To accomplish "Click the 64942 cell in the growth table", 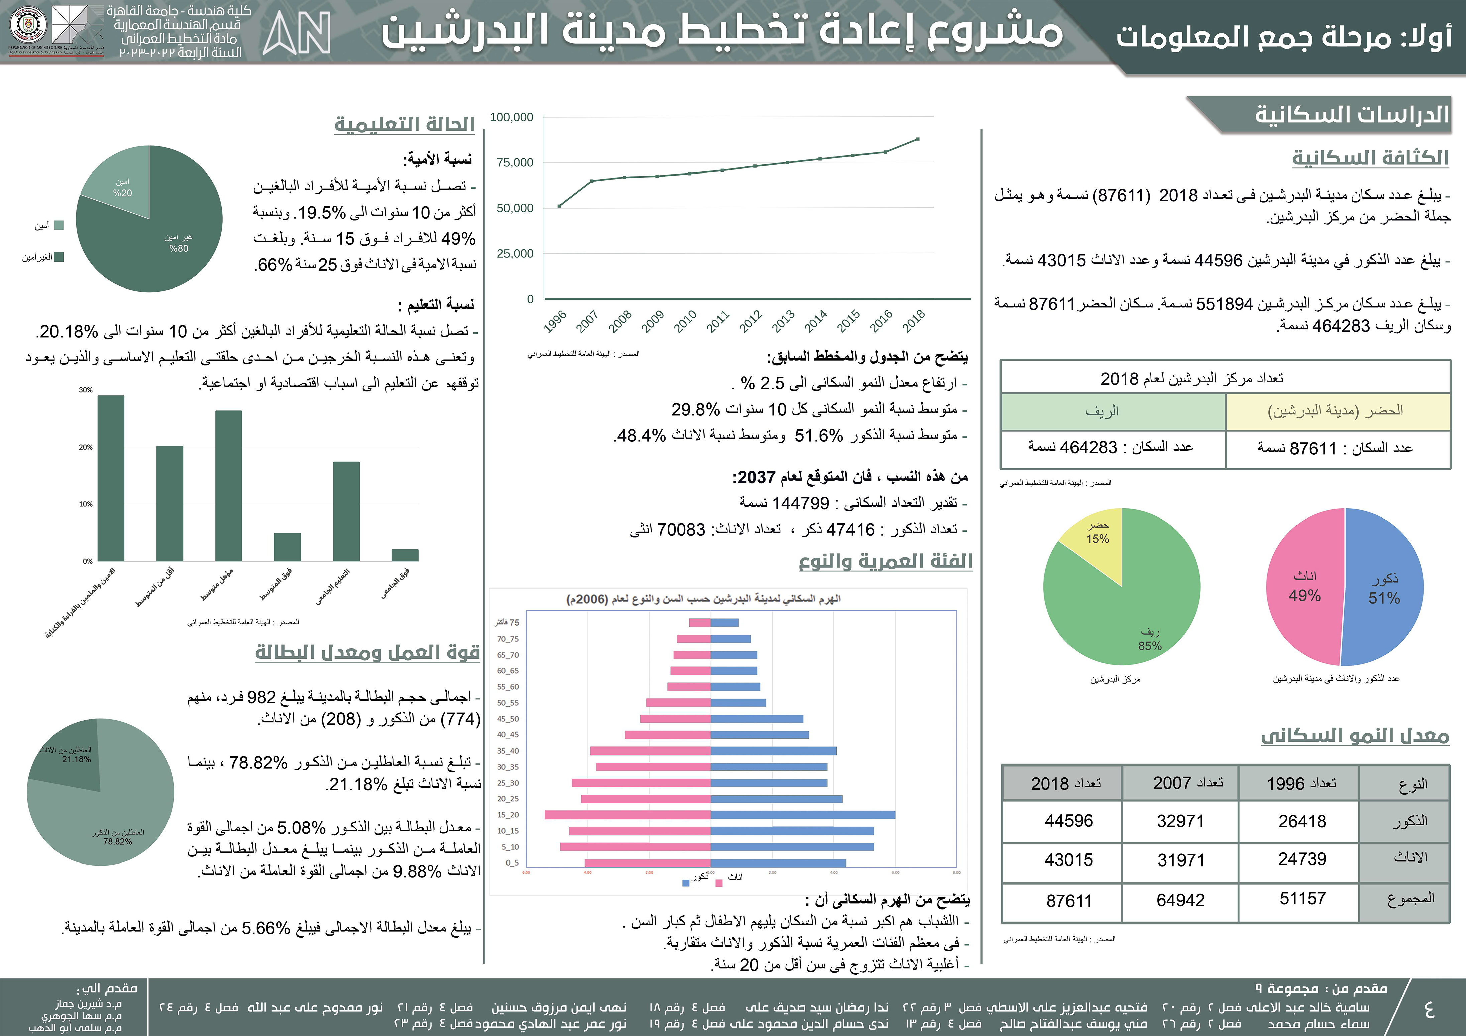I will coord(1180,900).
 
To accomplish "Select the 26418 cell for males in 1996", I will coord(1302,821).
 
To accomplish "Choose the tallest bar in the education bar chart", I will coord(111,479).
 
